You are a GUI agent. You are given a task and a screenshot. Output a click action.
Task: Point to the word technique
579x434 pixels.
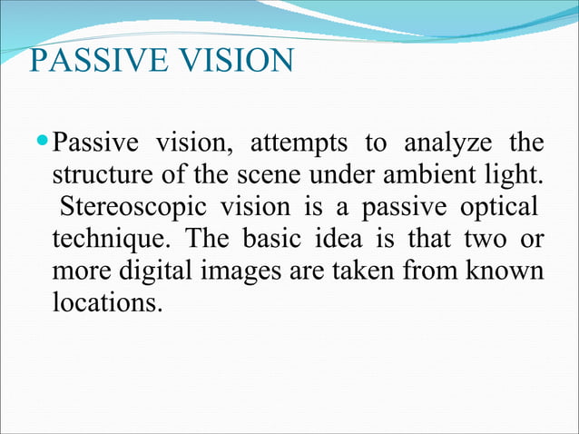pyautogui.click(x=99, y=239)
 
